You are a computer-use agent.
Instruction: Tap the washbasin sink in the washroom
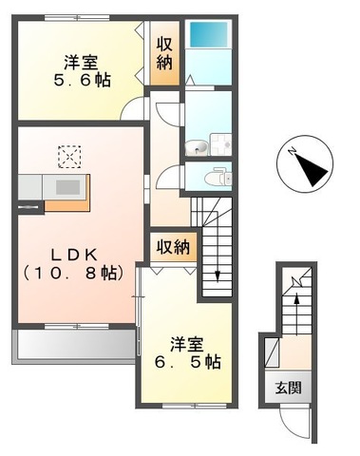196,146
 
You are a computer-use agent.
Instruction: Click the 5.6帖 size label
80,81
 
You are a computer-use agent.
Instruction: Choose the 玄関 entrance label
290,389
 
